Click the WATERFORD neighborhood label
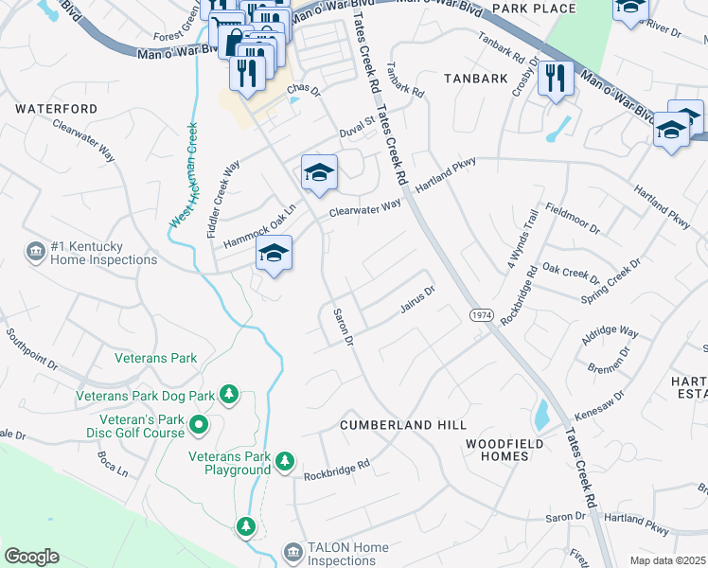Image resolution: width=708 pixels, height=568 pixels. (56, 109)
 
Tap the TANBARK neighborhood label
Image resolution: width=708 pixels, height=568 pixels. (477, 79)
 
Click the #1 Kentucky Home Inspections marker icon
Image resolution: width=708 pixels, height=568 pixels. (35, 251)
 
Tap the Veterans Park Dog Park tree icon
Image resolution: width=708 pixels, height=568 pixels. (228, 393)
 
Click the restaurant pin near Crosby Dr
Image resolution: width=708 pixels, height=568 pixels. (556, 77)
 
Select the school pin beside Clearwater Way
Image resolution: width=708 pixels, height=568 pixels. (319, 172)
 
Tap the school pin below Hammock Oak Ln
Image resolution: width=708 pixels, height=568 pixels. (274, 253)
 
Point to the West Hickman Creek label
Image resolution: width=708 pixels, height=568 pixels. (184, 175)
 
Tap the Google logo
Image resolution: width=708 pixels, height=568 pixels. (31, 557)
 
